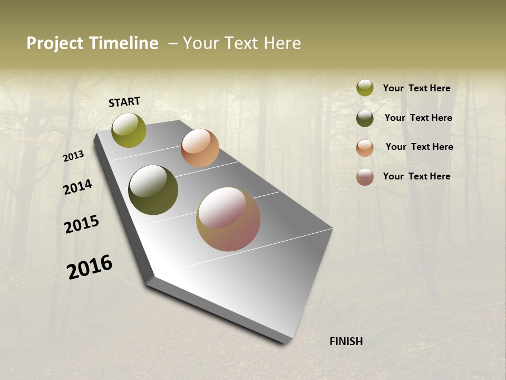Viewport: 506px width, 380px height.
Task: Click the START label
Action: point(124,102)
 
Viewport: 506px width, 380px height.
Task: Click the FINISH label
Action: point(346,341)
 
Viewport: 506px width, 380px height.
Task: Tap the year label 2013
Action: point(74,156)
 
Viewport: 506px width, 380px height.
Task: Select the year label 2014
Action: point(78,187)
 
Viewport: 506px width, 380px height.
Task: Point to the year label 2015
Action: point(82,224)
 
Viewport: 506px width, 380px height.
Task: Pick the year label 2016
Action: point(90,267)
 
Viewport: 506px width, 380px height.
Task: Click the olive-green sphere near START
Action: point(129,130)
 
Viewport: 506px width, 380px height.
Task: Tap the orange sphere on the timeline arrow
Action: point(200,148)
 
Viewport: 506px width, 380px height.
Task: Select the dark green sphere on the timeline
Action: point(153,190)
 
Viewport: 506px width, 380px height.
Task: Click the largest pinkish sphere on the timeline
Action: point(228,219)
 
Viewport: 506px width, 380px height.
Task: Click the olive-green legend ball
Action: point(365,88)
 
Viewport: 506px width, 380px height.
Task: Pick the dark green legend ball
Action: point(365,118)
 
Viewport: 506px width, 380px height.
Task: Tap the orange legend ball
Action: point(365,148)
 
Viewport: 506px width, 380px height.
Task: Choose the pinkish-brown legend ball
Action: point(365,177)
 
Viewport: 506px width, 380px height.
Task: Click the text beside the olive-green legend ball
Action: point(416,88)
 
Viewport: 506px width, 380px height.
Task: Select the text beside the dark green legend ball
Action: point(418,118)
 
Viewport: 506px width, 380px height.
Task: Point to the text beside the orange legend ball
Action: point(419,147)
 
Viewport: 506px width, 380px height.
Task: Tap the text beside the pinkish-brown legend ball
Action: point(416,176)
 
